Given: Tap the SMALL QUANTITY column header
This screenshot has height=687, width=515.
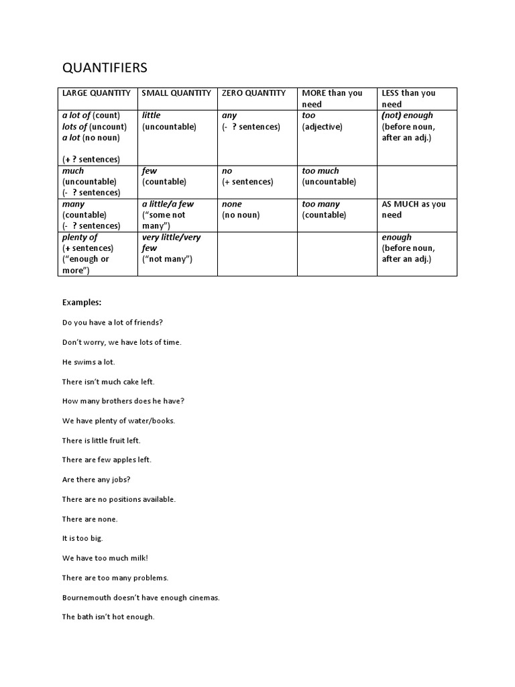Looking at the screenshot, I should [176, 93].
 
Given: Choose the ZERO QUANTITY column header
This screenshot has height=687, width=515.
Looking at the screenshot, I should [253, 93].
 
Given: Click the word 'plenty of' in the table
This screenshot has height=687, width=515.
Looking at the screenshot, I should [80, 237].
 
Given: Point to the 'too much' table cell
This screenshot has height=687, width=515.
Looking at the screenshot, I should [321, 171].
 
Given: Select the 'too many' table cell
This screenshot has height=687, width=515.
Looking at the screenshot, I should [321, 204].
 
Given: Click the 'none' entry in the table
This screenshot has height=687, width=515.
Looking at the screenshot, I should [232, 204].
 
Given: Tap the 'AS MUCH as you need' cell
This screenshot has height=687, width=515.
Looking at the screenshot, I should [413, 209].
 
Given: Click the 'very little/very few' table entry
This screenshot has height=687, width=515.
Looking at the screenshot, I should [171, 243].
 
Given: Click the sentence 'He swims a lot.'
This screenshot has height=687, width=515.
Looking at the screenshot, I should [89, 362].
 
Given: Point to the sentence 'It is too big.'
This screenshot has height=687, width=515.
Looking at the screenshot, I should [82, 538].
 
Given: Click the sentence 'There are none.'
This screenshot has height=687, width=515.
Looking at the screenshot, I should [90, 519].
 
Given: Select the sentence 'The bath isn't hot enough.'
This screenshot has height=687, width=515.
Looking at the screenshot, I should [108, 617].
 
